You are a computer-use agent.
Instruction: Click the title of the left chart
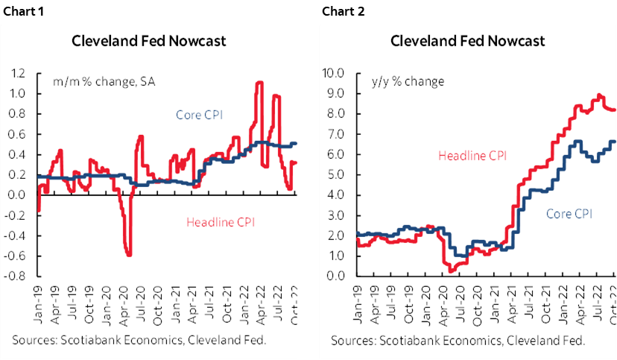point(149,41)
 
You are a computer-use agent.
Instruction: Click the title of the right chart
point(468,41)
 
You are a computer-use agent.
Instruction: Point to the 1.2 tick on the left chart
point(17,74)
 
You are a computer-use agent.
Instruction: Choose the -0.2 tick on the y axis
point(16,215)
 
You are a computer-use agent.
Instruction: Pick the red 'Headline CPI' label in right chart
point(472,156)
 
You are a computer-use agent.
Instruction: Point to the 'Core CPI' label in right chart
point(569,214)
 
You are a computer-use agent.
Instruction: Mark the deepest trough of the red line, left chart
point(130,255)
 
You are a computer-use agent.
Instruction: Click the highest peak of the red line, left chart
point(259,83)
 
